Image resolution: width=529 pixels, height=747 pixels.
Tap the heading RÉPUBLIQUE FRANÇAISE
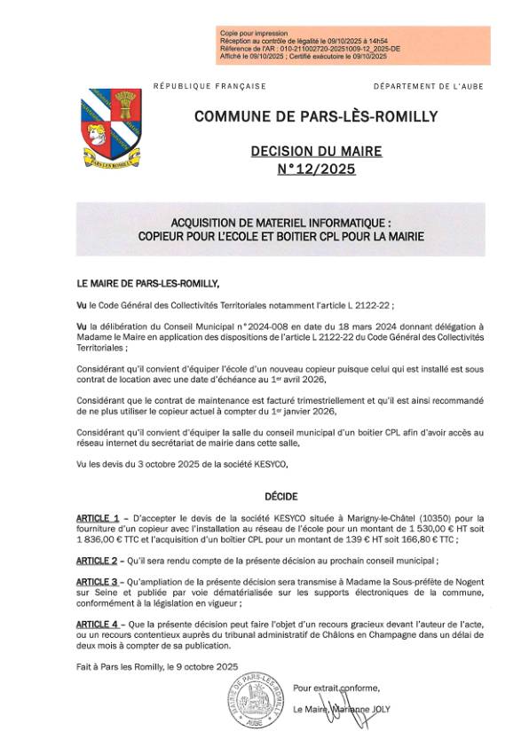(x=210, y=86)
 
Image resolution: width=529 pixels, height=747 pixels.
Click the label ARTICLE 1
(x=98, y=516)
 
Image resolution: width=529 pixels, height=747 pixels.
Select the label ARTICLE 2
(x=98, y=561)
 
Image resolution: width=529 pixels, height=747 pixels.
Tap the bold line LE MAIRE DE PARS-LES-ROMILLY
(x=147, y=282)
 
